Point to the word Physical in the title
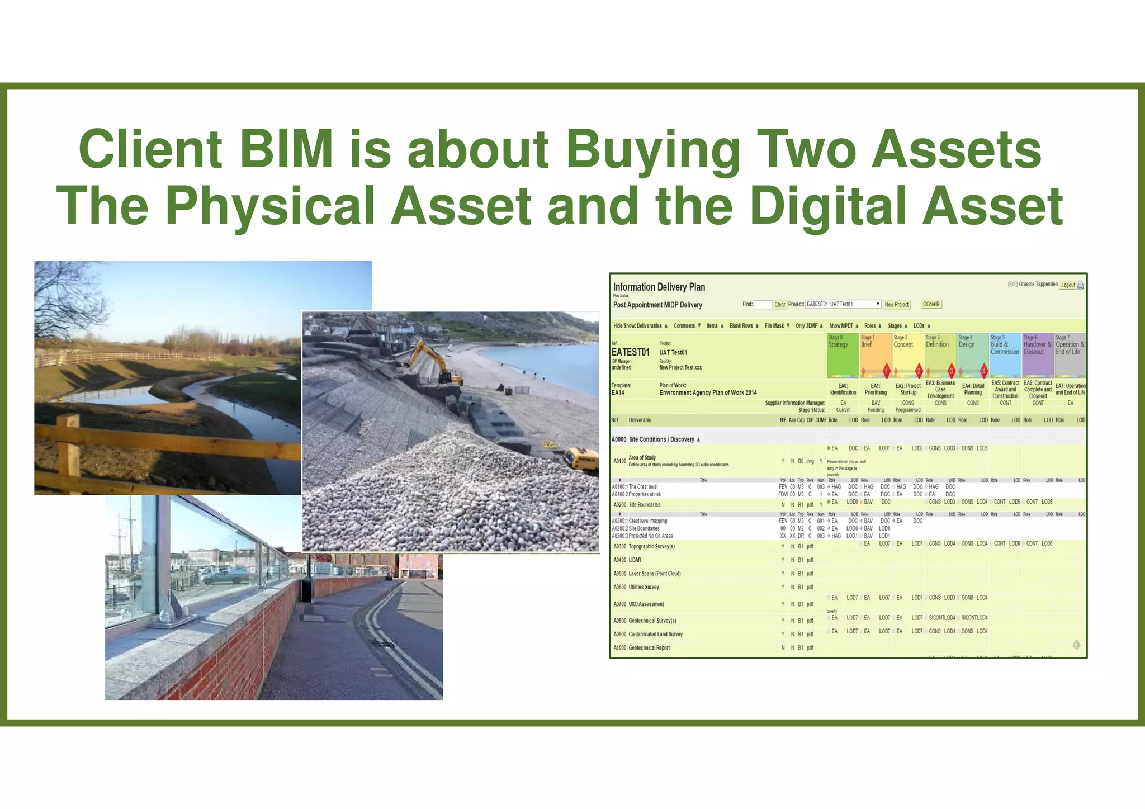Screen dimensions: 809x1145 pyautogui.click(x=270, y=206)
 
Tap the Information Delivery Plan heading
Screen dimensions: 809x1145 pyautogui.click(x=659, y=287)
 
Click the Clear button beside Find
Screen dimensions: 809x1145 pyautogui.click(x=779, y=305)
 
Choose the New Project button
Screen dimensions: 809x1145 pyautogui.click(x=896, y=305)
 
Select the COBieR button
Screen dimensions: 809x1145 pyautogui.click(x=931, y=304)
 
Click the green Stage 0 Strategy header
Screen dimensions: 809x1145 pyautogui.click(x=843, y=354)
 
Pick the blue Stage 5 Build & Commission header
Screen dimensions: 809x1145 pyautogui.click(x=1005, y=354)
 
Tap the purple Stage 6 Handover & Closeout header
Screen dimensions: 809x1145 pyautogui.click(x=1037, y=354)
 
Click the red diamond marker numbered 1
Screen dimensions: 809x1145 pyautogui.click(x=886, y=371)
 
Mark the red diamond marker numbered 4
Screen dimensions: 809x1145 pyautogui.click(x=984, y=371)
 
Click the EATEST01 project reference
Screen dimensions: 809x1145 pyautogui.click(x=630, y=352)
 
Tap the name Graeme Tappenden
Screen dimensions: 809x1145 pyautogui.click(x=1038, y=284)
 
